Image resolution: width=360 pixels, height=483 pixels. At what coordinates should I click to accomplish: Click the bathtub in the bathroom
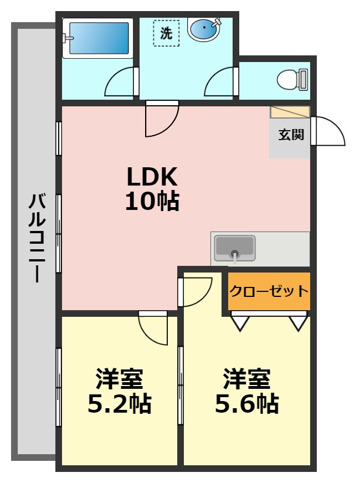pos(97,38)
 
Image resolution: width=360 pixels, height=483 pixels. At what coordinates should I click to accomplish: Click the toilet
pos(291,79)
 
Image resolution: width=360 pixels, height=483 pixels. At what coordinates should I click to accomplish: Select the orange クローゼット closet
pos(269,291)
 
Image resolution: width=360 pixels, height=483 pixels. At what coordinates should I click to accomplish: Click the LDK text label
pos(152,177)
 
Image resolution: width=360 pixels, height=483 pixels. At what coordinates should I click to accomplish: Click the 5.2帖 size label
pos(120,404)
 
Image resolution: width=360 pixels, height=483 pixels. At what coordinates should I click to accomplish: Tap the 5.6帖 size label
pos(246,404)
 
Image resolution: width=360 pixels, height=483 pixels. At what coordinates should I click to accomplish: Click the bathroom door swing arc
pos(120,83)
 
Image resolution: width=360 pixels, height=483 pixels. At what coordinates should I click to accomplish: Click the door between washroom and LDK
pos(161,119)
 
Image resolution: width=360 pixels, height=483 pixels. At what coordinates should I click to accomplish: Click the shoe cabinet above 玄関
pos(290,111)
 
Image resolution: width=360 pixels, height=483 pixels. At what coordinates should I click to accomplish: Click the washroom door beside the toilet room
pos(220,83)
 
